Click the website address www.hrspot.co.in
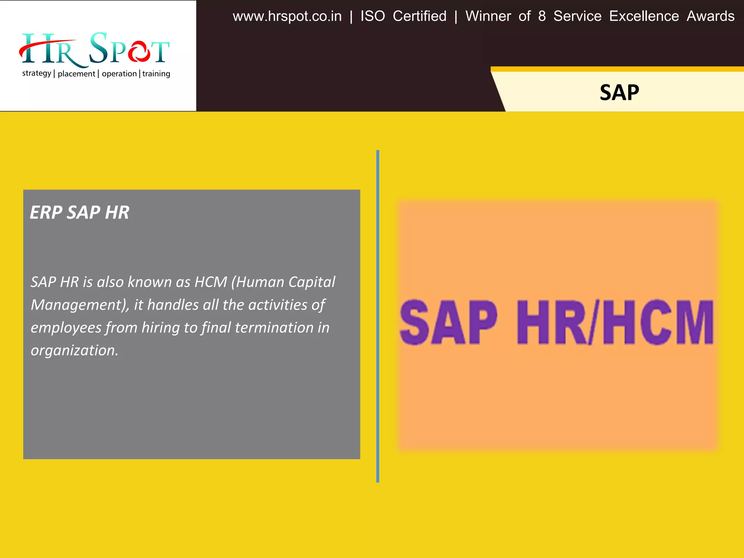(287, 17)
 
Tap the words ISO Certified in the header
(403, 16)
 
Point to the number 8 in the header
(542, 16)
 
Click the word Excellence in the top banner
(644, 16)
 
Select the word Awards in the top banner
(710, 16)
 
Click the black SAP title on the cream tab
(619, 93)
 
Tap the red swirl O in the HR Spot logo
(138, 52)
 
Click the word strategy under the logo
(36, 73)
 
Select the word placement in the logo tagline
(76, 74)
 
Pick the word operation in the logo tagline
(119, 74)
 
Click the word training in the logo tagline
(156, 74)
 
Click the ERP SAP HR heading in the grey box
(79, 213)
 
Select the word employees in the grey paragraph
(66, 328)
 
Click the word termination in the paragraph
(274, 328)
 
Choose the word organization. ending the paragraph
(74, 351)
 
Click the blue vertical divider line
(378, 316)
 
